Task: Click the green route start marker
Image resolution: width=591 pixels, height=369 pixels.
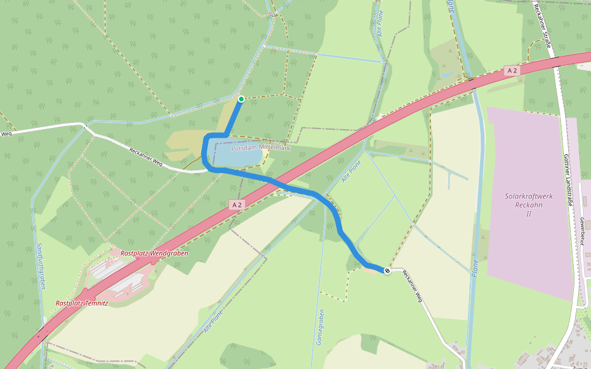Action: [241, 99]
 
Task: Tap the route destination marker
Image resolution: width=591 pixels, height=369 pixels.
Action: [387, 271]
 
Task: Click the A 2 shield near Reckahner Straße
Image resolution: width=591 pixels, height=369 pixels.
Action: [512, 71]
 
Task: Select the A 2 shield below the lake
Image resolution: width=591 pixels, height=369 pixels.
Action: [236, 204]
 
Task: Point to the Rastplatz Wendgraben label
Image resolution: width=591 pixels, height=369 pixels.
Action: [154, 253]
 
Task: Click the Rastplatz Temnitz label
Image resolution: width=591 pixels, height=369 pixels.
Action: [82, 303]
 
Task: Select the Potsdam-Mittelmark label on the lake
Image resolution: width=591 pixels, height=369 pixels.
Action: [260, 148]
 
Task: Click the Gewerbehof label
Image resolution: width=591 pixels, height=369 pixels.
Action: [581, 231]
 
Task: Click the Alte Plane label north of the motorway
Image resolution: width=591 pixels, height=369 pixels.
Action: [380, 23]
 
